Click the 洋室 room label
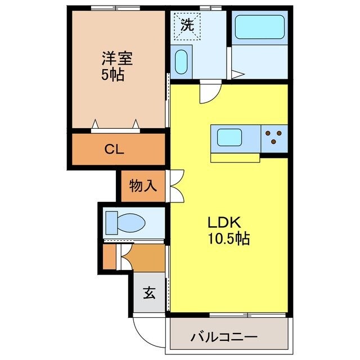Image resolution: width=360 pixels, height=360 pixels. (x=118, y=58)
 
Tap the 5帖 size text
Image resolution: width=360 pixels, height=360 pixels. (x=112, y=75)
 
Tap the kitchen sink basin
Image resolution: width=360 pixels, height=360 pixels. (x=230, y=137)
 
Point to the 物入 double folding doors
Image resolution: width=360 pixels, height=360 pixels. (x=175, y=185)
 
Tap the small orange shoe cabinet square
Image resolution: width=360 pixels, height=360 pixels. (x=109, y=256)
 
